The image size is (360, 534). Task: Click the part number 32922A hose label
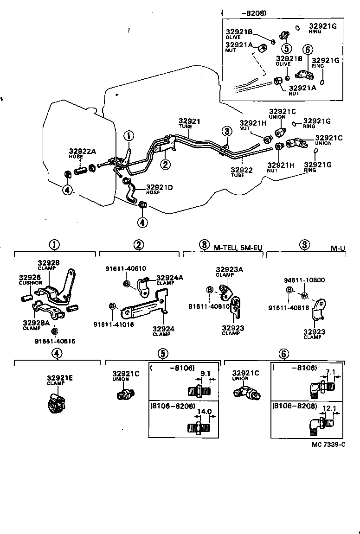(82, 151)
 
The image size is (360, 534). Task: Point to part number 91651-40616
(54, 341)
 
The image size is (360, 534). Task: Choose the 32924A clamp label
(169, 278)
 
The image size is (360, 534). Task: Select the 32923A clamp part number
(229, 269)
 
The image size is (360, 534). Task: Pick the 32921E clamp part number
(59, 378)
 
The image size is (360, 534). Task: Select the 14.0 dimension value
(205, 411)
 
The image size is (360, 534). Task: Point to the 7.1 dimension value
(331, 372)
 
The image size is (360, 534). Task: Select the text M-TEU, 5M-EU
(238, 248)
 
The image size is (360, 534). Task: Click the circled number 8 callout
(204, 245)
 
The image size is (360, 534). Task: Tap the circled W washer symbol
(305, 296)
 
